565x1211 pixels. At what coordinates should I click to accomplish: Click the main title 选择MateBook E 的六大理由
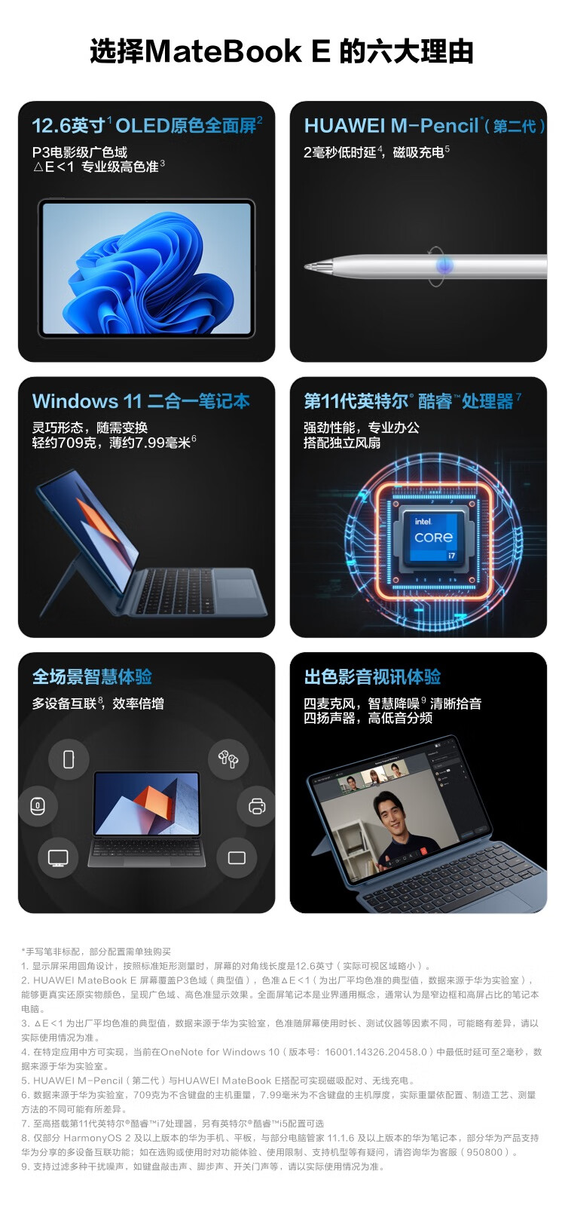click(282, 52)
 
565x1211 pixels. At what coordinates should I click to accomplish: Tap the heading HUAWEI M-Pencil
click(391, 126)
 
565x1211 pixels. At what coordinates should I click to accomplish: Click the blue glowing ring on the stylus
click(444, 265)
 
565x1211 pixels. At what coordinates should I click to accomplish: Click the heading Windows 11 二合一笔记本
click(141, 401)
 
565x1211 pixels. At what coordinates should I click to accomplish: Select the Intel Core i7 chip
click(434, 538)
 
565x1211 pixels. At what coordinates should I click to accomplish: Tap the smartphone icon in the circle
click(69, 759)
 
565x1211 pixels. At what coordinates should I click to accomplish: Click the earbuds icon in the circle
click(228, 759)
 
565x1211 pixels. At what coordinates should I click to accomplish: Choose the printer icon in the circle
click(257, 806)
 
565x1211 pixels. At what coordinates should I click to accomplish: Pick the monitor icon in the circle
click(58, 857)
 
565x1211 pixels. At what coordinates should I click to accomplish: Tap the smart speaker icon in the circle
click(37, 806)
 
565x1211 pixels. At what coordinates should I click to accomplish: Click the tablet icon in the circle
click(237, 857)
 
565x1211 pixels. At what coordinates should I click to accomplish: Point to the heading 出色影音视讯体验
click(372, 677)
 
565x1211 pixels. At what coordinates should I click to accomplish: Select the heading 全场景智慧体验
click(93, 677)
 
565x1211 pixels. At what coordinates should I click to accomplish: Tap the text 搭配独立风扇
click(342, 443)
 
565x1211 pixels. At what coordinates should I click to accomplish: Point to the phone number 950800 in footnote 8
click(484, 1152)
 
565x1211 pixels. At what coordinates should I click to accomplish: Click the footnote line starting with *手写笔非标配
click(96, 951)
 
